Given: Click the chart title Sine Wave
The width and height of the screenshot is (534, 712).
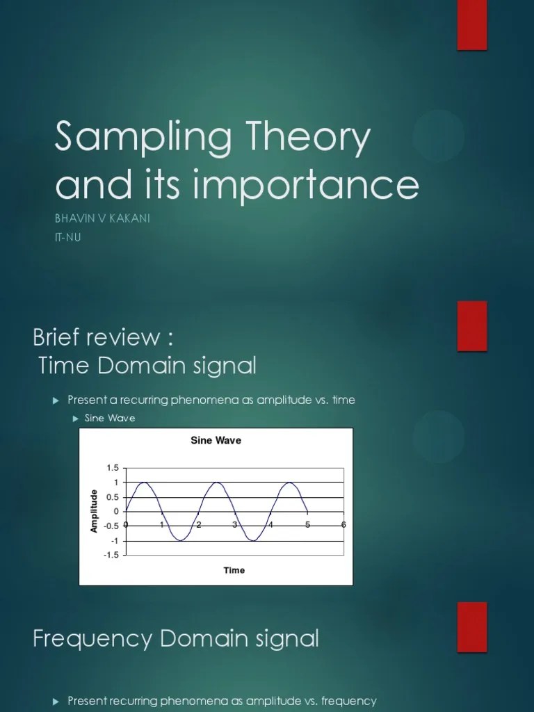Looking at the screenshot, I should tap(216, 440).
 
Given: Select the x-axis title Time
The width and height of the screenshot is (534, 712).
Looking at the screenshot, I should tap(234, 570).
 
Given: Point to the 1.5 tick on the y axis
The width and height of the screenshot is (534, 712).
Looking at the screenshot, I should tap(112, 468).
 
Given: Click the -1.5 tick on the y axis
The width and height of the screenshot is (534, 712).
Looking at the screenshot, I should tap(111, 555).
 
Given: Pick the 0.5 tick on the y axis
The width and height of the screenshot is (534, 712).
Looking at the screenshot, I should tap(112, 497).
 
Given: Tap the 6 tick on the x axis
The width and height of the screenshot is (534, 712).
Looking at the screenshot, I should tap(343, 524).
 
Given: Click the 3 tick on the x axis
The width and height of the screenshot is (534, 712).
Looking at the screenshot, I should tap(235, 524).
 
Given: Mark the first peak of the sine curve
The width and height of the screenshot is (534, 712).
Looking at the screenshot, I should tap(145, 483).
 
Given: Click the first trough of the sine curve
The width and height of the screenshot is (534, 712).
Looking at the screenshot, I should tap(181, 540).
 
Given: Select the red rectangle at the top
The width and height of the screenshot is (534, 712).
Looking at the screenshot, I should tap(471, 25).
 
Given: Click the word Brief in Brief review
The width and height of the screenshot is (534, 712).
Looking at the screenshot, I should tap(61, 338).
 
